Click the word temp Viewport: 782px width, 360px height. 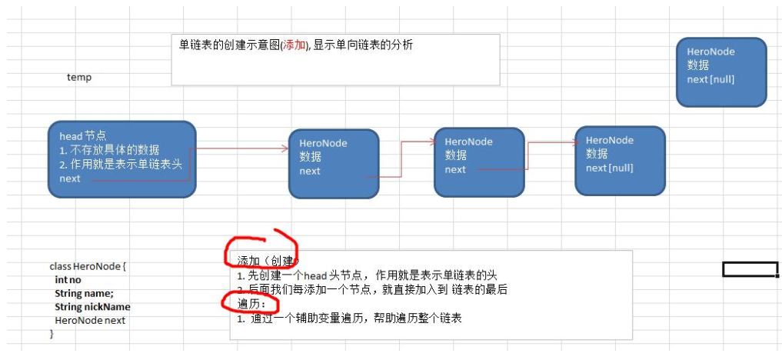[79, 77]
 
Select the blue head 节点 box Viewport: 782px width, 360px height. [121, 158]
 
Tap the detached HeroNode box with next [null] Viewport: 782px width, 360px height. [720, 72]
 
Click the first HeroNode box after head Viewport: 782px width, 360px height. [334, 163]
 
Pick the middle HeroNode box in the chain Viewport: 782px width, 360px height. [479, 162]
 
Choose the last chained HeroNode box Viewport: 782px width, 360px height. [620, 160]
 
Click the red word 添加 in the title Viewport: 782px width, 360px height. [294, 45]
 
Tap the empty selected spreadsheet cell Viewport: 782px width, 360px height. [750, 268]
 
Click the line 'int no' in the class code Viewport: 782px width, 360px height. [68, 280]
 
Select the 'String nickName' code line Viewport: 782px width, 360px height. [92, 307]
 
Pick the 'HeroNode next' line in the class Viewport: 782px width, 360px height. [89, 320]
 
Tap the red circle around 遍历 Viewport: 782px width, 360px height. [240, 302]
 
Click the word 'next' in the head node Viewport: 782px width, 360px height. [70, 178]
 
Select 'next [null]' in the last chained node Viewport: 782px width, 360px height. [609, 168]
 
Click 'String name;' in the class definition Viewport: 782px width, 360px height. [84, 293]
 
